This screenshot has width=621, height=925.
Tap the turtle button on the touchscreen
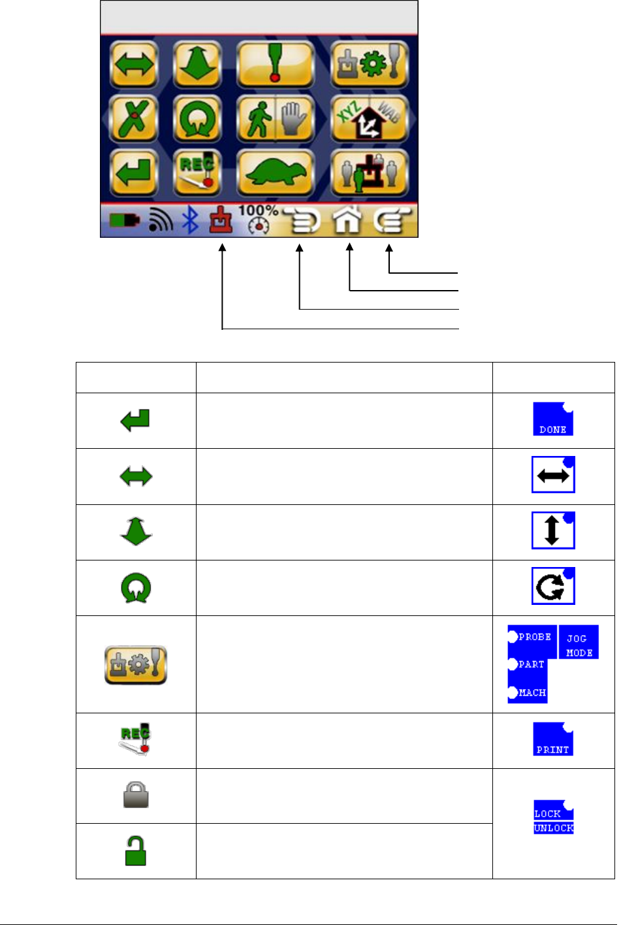(275, 173)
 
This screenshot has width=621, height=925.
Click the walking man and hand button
(275, 119)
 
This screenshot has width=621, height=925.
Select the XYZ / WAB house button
(369, 119)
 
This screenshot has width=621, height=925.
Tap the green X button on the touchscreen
(133, 119)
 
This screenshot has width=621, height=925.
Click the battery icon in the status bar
(124, 221)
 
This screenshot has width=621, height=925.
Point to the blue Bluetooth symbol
(190, 221)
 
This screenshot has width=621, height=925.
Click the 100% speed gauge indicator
(259, 219)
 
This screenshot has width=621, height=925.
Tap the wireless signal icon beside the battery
(160, 221)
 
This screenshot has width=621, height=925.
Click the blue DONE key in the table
(553, 419)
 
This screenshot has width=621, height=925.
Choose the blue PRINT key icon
(553, 739)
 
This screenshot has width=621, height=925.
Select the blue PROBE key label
(532, 637)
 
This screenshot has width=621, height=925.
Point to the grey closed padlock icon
(136, 796)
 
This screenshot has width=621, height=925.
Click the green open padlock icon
(136, 851)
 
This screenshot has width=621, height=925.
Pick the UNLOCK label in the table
(554, 828)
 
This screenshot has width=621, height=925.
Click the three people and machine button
(369, 173)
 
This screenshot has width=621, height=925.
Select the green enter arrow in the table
(136, 420)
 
